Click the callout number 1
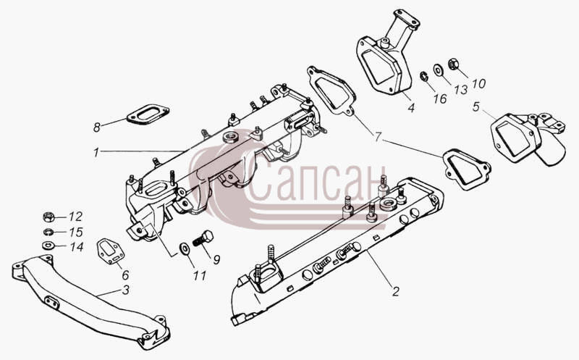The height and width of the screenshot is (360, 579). [96, 152]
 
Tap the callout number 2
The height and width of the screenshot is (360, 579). [395, 292]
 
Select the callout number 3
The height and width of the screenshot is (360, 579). [126, 290]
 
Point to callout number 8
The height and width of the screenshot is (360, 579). [97, 128]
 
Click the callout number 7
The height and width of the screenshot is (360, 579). [377, 137]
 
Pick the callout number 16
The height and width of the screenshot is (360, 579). [440, 99]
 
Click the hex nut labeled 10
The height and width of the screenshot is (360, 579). [454, 64]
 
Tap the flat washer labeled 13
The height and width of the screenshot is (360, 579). [439, 69]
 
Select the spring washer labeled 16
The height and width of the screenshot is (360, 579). [424, 77]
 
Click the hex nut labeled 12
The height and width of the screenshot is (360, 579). [48, 217]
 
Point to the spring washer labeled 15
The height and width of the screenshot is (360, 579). [48, 232]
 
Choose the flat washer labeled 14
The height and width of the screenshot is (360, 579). [48, 245]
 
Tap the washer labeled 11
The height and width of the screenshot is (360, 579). [184, 248]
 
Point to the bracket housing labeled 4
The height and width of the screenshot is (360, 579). [388, 59]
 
